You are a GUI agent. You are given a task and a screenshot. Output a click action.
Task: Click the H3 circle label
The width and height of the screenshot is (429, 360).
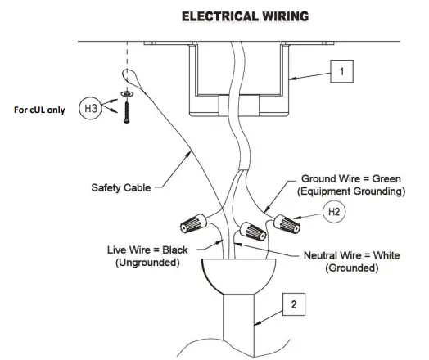[x=90, y=108]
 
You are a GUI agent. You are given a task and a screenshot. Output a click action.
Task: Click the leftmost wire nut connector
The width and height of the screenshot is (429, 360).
[x=193, y=223]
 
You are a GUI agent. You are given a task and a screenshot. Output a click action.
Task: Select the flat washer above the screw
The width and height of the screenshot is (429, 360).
[x=127, y=94]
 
